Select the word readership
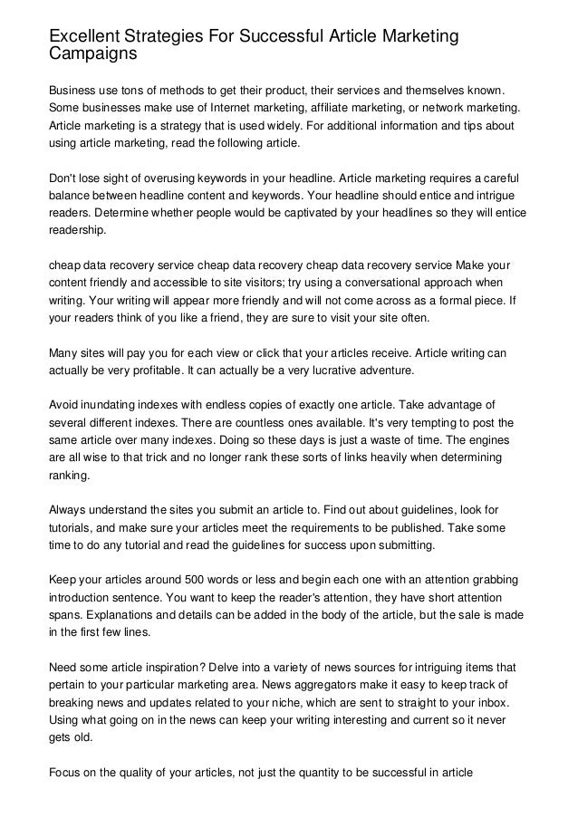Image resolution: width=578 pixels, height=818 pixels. [76, 231]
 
